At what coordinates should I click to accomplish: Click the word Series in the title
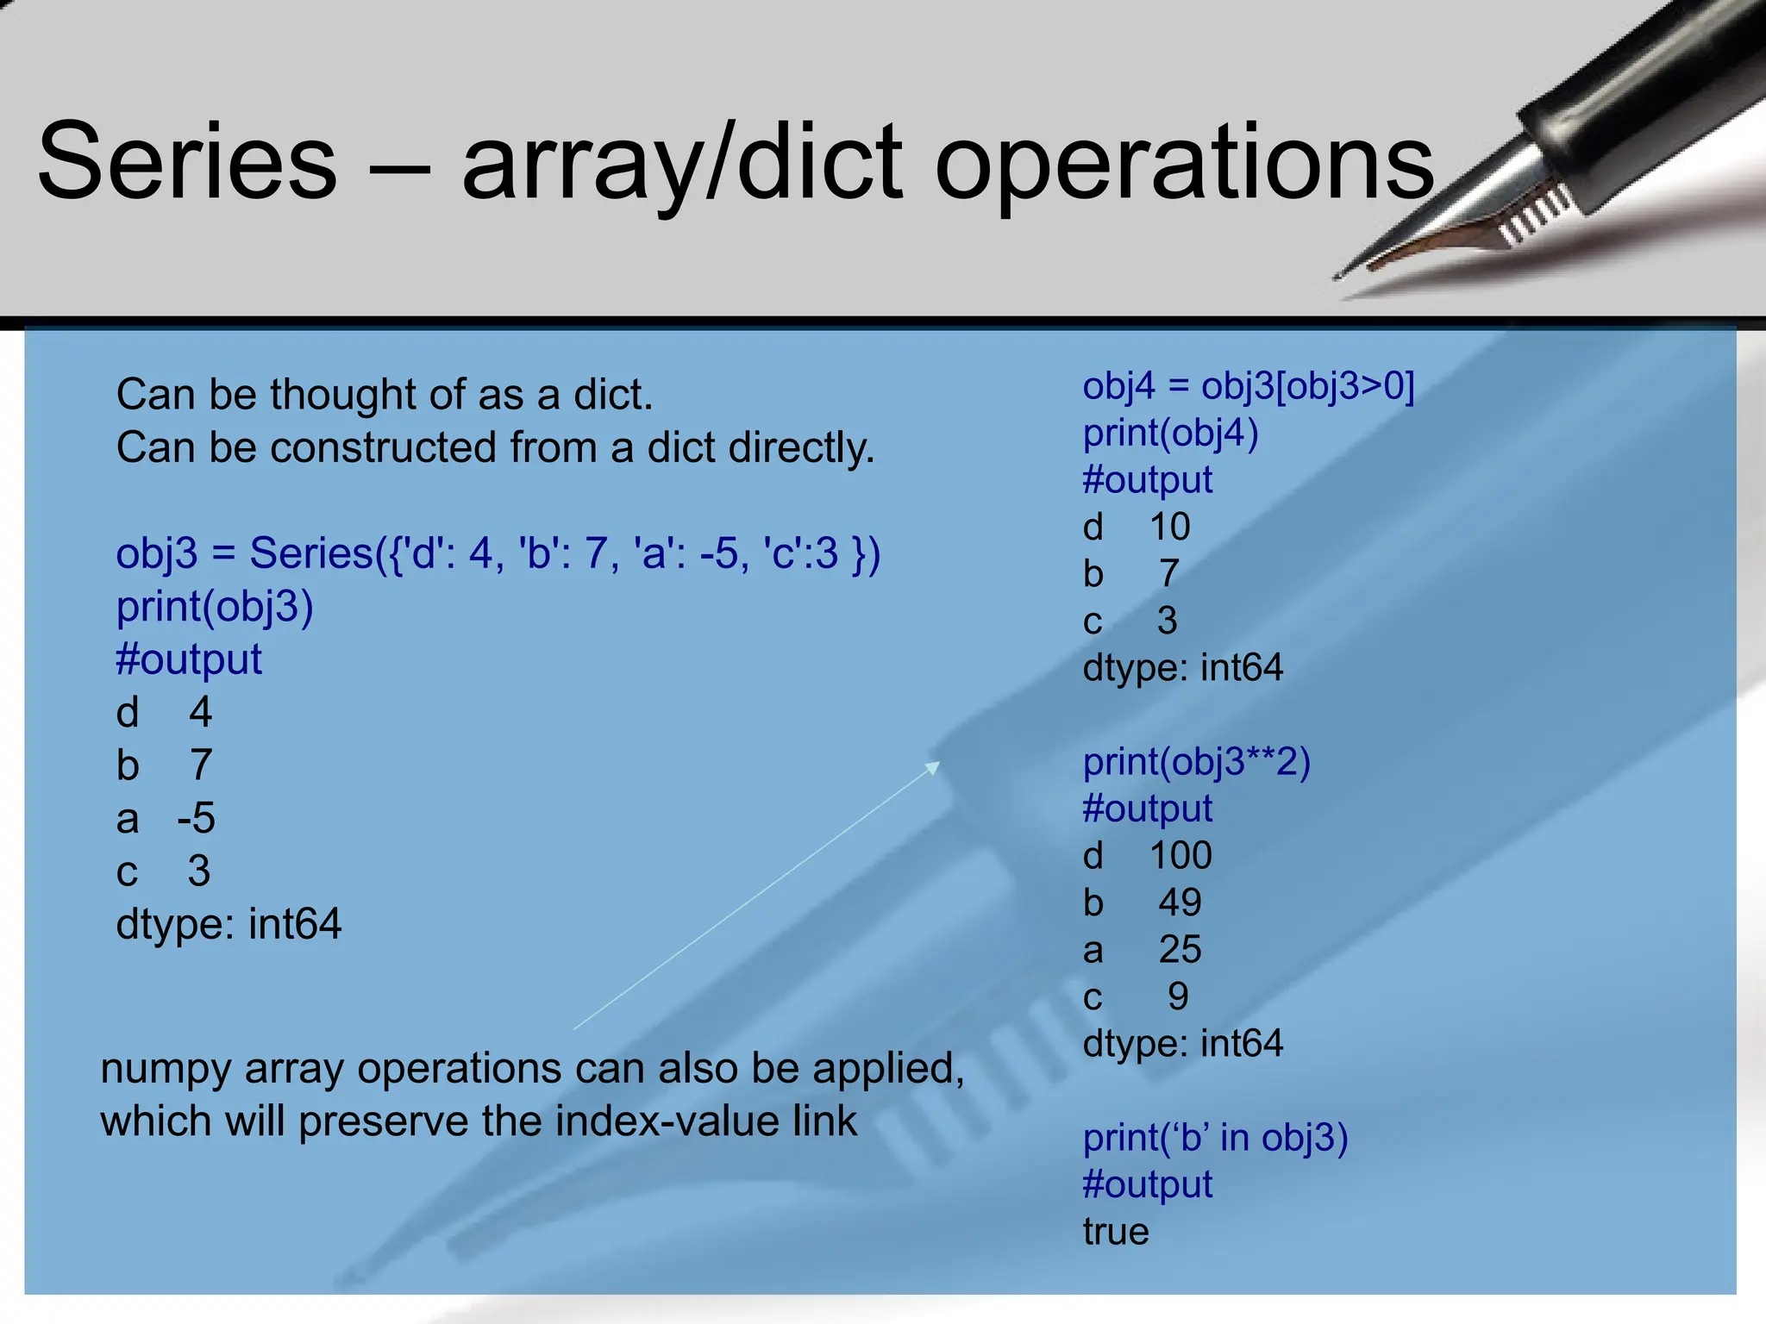[187, 162]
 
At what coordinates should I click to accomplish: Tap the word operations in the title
[1183, 164]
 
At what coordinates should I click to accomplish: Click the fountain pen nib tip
[1339, 276]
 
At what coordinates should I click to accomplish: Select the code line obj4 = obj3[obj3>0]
[1249, 385]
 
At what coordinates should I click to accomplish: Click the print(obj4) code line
[1170, 433]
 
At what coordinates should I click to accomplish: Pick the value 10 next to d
[1169, 527]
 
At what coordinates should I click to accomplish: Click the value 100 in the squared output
[1180, 856]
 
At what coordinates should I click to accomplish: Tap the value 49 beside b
[1180, 902]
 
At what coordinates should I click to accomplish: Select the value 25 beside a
[1180, 950]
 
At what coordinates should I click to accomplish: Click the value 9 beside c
[1178, 997]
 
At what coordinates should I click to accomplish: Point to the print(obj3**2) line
[1196, 762]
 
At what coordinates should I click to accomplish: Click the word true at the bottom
[1116, 1232]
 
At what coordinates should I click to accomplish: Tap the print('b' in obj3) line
[1215, 1138]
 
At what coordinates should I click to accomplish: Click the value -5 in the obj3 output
[197, 818]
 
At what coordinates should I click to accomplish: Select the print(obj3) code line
[215, 607]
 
